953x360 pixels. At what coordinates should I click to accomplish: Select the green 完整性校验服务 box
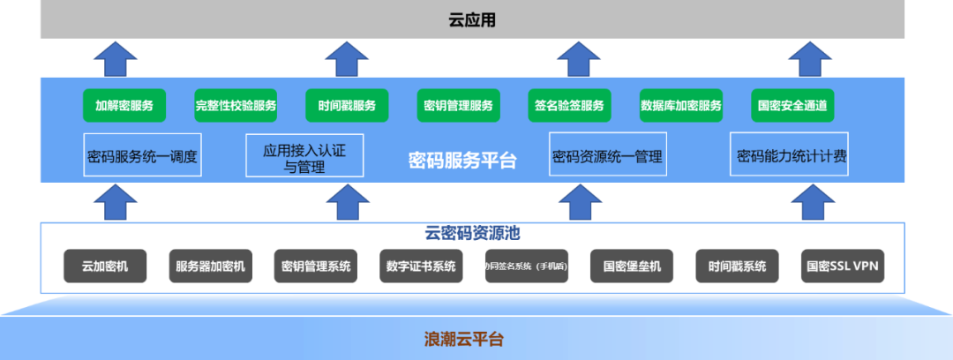[x=236, y=106]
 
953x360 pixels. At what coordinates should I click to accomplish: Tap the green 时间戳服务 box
[x=347, y=106]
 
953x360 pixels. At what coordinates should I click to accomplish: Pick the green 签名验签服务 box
[x=569, y=106]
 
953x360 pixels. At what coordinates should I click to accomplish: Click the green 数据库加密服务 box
[x=680, y=106]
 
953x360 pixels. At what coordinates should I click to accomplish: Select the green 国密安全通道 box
[x=792, y=106]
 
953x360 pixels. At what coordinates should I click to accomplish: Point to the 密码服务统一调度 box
[x=142, y=157]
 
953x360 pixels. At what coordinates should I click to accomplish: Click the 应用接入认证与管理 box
[x=304, y=156]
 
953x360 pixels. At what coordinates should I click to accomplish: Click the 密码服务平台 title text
[x=462, y=160]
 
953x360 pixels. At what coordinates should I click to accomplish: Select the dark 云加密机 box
[x=105, y=266]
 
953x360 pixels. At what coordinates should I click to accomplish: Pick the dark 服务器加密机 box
[x=210, y=266]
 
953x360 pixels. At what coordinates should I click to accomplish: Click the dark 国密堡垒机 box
[x=632, y=266]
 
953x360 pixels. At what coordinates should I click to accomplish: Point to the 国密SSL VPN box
[x=843, y=266]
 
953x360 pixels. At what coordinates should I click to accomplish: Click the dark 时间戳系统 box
[x=737, y=266]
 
